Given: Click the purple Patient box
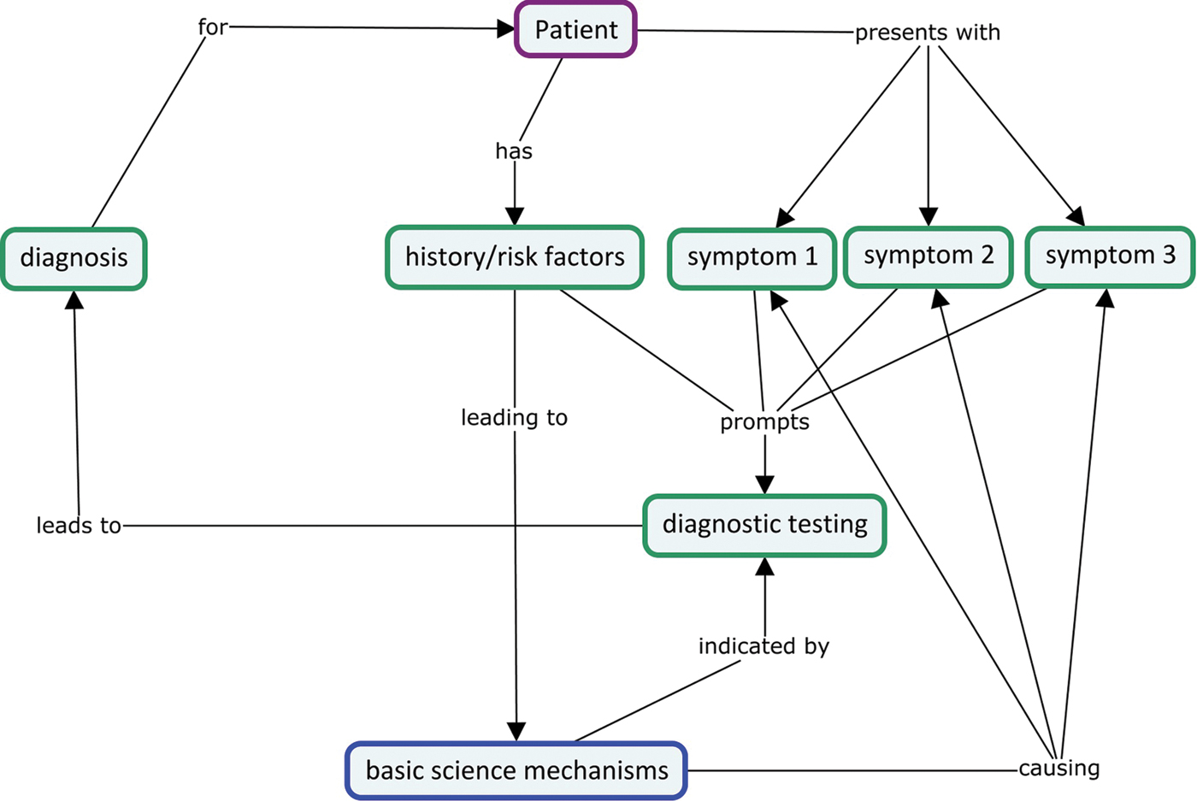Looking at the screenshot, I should (x=575, y=30).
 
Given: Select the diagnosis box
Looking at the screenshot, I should (x=74, y=258).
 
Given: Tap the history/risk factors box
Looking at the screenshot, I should (x=514, y=257).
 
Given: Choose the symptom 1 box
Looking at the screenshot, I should (x=752, y=258).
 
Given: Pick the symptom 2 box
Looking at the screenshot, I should (x=928, y=256).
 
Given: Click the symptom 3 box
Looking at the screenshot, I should (x=1110, y=256).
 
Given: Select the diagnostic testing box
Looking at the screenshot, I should (x=764, y=525).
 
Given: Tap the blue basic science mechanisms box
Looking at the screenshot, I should (x=516, y=770).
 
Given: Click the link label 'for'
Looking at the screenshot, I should (x=213, y=27).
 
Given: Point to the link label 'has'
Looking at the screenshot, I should (x=514, y=151).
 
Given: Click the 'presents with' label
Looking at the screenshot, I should (x=928, y=32).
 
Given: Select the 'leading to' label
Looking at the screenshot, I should (x=514, y=417).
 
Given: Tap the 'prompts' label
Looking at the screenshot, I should (x=764, y=421).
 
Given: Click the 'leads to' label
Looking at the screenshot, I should (x=79, y=525).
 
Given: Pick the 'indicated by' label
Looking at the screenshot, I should (x=764, y=646).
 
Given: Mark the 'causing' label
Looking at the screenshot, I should (x=1058, y=768).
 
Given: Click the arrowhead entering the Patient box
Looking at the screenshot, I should (x=506, y=29).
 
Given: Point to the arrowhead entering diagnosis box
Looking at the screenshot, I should (x=74, y=300).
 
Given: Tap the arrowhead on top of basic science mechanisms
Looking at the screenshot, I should (x=516, y=731).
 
